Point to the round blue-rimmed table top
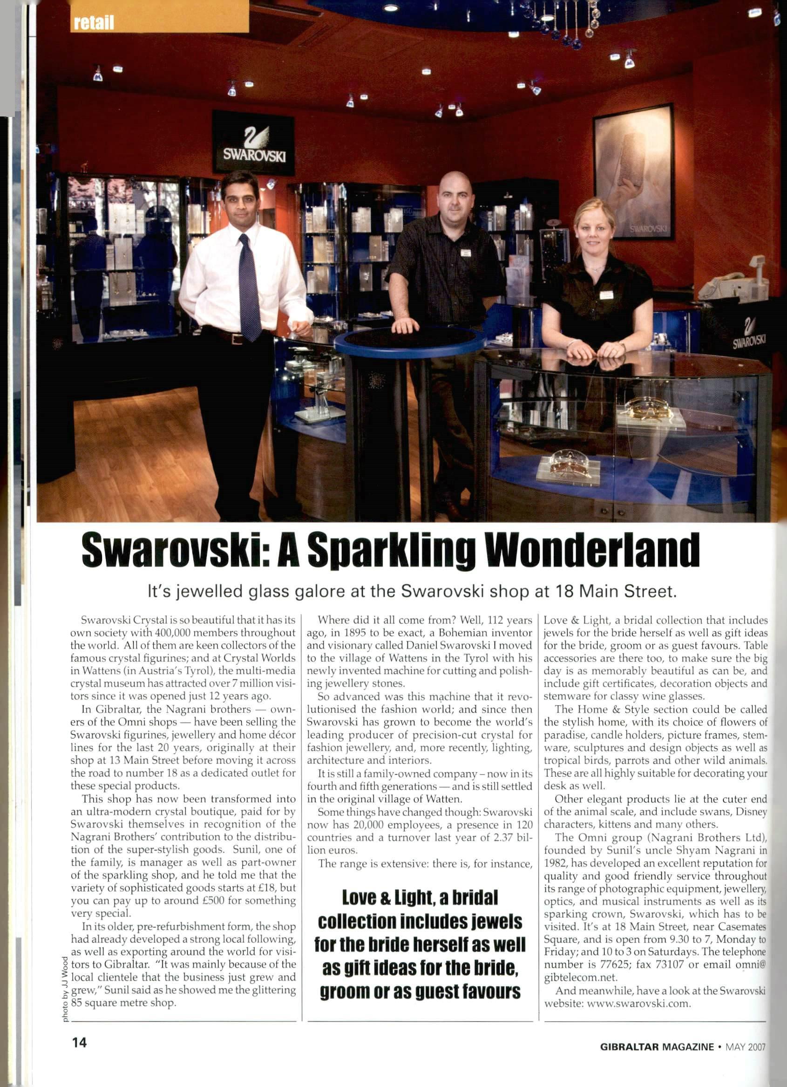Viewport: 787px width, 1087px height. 410,341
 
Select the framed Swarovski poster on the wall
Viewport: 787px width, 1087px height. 633,171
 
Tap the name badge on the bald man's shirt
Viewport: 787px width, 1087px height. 465,253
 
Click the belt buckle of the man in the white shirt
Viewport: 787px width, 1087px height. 237,338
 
